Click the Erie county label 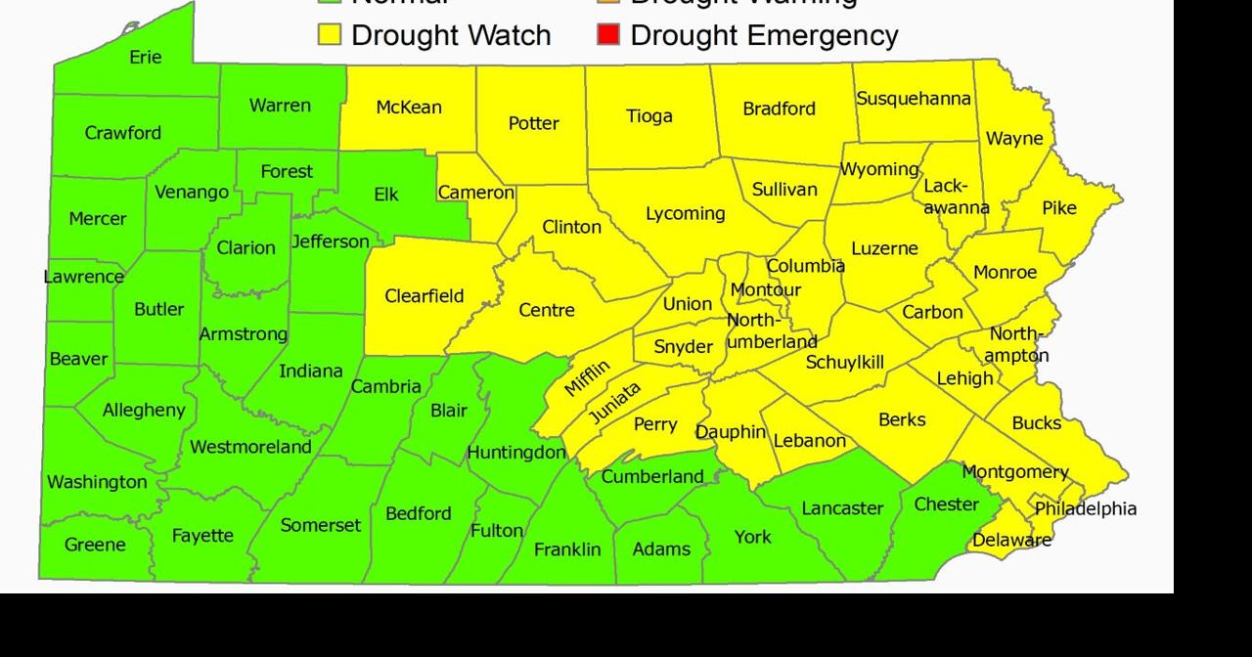pyautogui.click(x=145, y=58)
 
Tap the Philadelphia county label pyautogui.click(x=1086, y=509)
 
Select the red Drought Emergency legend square pyautogui.click(x=608, y=36)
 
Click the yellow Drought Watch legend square pyautogui.click(x=330, y=36)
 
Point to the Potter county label pyautogui.click(x=533, y=124)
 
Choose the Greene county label pyautogui.click(x=95, y=545)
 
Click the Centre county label pyautogui.click(x=546, y=311)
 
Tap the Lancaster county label pyautogui.click(x=841, y=508)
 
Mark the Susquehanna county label pyautogui.click(x=914, y=99)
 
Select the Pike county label pyautogui.click(x=1058, y=208)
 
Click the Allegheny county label pyautogui.click(x=144, y=411)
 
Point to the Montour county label pyautogui.click(x=765, y=290)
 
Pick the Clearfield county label pyautogui.click(x=424, y=296)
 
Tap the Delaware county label pyautogui.click(x=1011, y=540)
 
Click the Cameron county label pyautogui.click(x=475, y=193)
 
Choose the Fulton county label pyautogui.click(x=496, y=531)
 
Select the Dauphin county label pyautogui.click(x=731, y=432)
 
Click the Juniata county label pyautogui.click(x=615, y=404)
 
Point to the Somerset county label pyautogui.click(x=320, y=526)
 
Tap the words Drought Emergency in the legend pyautogui.click(x=764, y=36)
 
